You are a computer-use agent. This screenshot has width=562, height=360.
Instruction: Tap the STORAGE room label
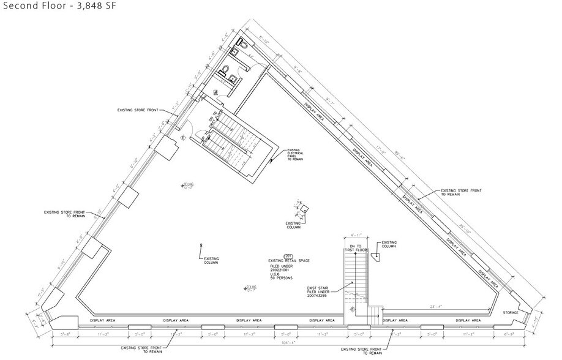click(510, 313)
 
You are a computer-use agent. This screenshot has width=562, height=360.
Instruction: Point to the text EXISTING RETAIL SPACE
click(289, 261)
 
